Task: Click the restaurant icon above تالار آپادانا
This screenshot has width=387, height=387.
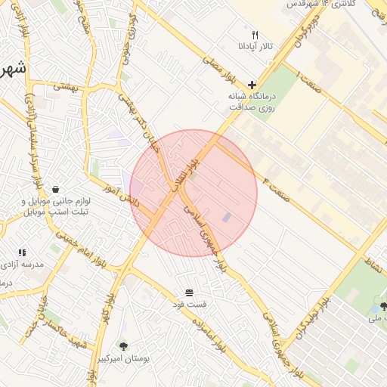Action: [x=255, y=35]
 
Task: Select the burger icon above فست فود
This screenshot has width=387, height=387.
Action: [x=188, y=292]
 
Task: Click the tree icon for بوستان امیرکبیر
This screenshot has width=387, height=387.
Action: [x=124, y=346]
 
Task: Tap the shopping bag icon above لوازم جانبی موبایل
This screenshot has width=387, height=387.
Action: [x=56, y=189]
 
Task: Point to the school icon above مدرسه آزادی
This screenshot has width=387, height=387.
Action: [x=21, y=252]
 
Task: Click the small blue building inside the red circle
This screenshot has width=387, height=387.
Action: [x=227, y=218]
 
